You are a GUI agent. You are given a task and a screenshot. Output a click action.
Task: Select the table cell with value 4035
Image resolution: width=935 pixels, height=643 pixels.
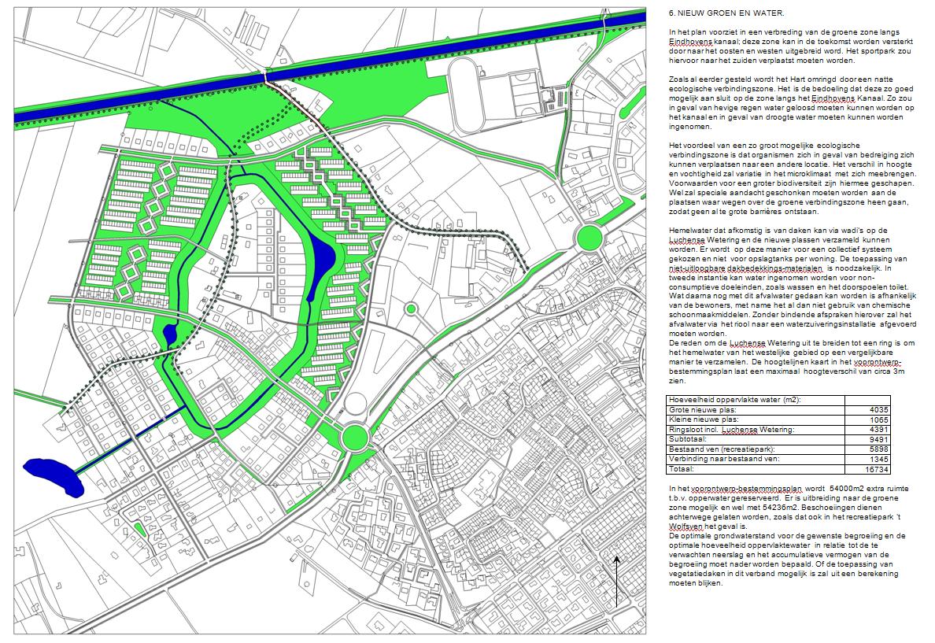[x=878, y=409]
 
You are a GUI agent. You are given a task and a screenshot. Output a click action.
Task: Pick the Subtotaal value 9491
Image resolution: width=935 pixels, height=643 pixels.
[x=878, y=439]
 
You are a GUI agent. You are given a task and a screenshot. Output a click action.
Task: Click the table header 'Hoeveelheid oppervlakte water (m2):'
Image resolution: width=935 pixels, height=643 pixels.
[x=734, y=400]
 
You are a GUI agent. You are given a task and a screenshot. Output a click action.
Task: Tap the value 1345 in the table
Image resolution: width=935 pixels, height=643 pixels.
[x=878, y=459]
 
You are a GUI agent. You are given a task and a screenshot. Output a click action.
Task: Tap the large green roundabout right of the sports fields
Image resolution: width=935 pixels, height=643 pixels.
[x=588, y=236]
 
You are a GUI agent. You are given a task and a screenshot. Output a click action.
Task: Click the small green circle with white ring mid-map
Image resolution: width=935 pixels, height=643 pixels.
[x=410, y=309]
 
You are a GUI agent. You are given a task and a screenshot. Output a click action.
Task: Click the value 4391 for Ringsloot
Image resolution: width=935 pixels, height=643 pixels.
[x=878, y=429]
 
